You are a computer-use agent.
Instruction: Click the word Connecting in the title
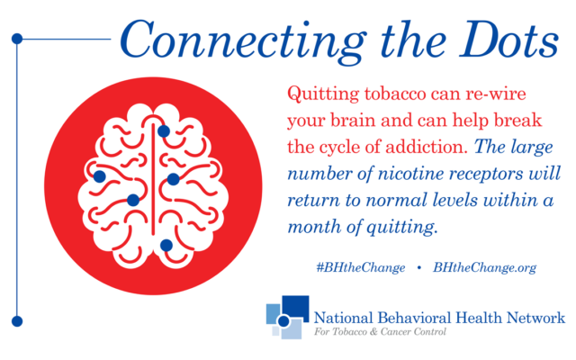tap(243, 41)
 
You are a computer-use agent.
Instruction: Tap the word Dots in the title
tap(509, 40)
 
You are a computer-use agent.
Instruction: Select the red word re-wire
tap(496, 94)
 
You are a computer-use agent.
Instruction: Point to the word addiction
tap(427, 147)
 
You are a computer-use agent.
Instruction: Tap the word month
tap(314, 226)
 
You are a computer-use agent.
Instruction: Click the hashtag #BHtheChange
tap(361, 267)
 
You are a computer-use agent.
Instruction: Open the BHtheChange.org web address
tap(484, 267)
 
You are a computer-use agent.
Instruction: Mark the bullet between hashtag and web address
tap(419, 268)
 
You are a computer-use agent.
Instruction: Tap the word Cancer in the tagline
tap(395, 332)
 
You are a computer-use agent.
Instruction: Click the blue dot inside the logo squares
tap(283, 320)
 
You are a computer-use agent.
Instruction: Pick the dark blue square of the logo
tap(295, 307)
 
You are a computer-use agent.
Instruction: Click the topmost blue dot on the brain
tap(164, 130)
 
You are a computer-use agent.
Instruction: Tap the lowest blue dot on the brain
tap(166, 245)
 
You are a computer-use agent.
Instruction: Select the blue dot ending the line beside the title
tap(17, 39)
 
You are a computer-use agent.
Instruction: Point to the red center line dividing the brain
tap(153, 179)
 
